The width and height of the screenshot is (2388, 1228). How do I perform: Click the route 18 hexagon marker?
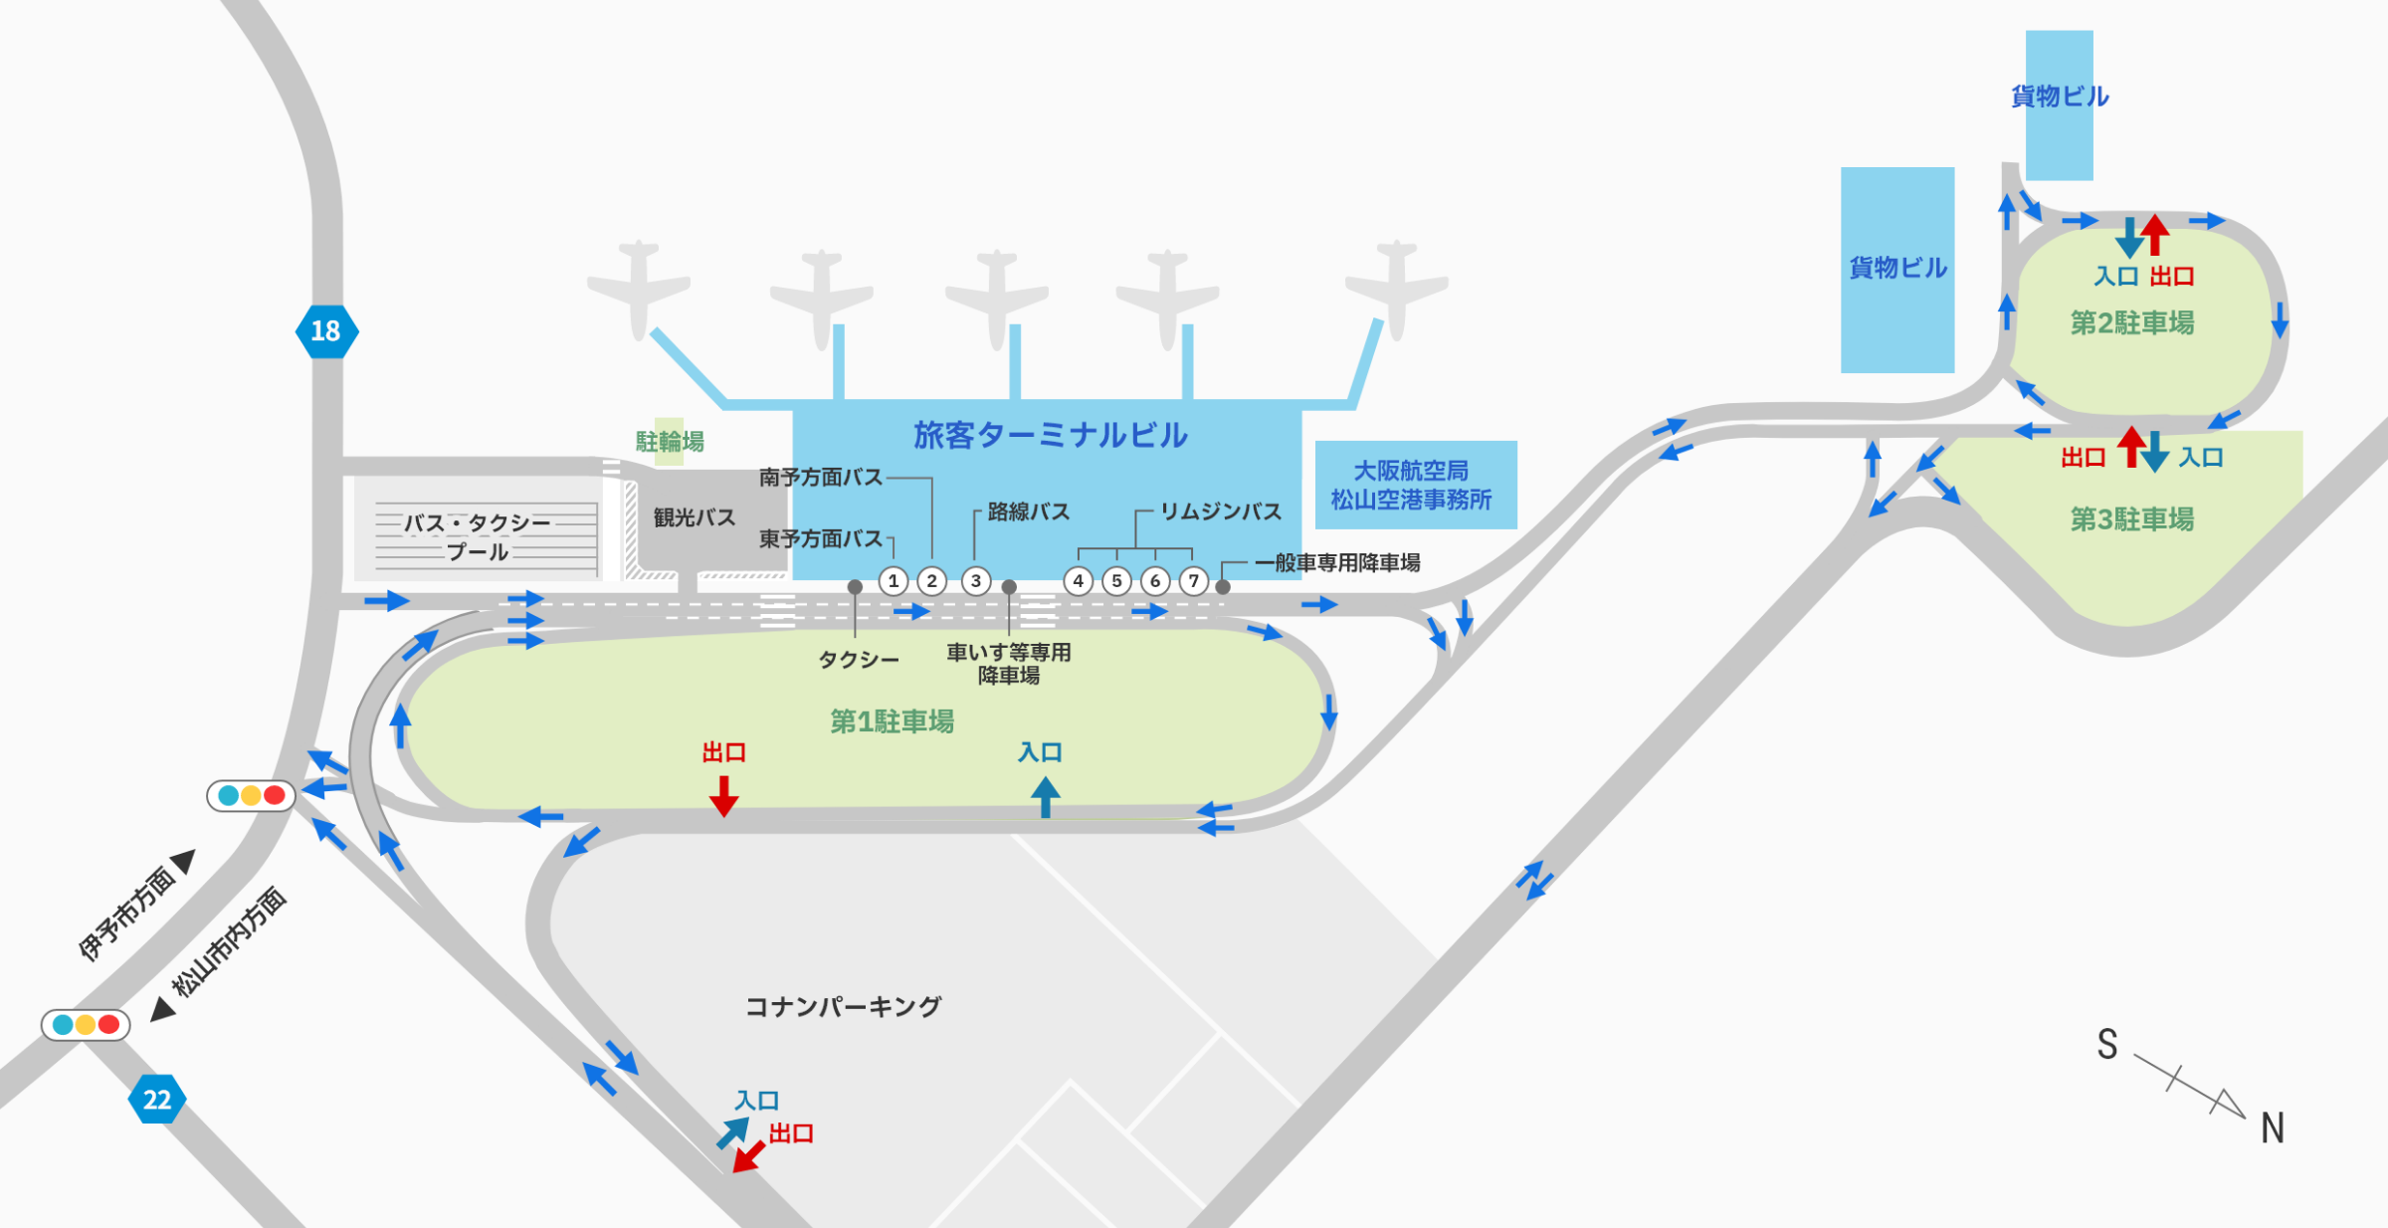(x=326, y=331)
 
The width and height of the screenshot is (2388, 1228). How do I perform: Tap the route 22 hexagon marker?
(x=157, y=1100)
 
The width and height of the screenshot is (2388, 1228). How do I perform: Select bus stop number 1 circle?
(x=894, y=581)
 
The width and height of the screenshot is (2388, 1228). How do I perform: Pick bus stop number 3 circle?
(x=976, y=581)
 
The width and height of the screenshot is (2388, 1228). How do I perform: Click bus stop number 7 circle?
(x=1193, y=581)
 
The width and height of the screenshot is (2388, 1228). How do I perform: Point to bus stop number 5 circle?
(x=1116, y=581)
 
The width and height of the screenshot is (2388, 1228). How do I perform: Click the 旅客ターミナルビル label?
(x=1050, y=435)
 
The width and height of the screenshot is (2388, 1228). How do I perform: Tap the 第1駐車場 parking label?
(x=892, y=721)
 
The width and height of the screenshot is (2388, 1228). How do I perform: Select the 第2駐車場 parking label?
(x=2131, y=323)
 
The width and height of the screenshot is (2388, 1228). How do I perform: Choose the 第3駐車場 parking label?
(x=2131, y=519)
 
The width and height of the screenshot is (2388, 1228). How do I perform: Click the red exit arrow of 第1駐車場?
(x=723, y=796)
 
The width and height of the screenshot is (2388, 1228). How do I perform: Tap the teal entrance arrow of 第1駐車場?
(x=1045, y=797)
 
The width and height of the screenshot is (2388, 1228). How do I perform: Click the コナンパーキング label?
(x=843, y=1007)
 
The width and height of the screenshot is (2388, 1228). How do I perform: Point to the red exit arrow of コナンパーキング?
(x=749, y=1157)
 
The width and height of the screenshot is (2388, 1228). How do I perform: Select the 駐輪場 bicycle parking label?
(x=670, y=441)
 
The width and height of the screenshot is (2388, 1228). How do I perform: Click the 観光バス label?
(x=694, y=517)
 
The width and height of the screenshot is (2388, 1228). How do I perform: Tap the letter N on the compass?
(x=2272, y=1128)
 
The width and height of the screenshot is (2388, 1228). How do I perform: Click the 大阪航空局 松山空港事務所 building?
(x=1415, y=485)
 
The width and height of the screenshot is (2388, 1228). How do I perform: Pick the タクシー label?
(x=858, y=660)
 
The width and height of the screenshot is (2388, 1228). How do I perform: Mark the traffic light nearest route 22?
(x=86, y=1024)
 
